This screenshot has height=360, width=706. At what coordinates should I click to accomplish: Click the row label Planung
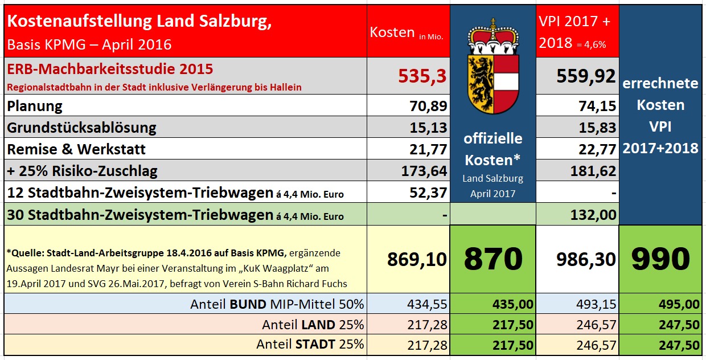pyautogui.click(x=35, y=105)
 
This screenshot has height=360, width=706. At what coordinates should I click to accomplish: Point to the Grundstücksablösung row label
pyautogui.click(x=81, y=127)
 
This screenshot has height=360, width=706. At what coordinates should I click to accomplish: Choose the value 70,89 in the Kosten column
pyautogui.click(x=428, y=105)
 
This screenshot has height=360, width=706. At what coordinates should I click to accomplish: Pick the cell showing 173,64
pyautogui.click(x=424, y=170)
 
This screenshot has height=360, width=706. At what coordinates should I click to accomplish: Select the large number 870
pyautogui.click(x=493, y=259)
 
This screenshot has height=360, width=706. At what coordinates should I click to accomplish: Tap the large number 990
pyautogui.click(x=660, y=259)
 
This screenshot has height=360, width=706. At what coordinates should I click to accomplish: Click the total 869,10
pyautogui.click(x=417, y=260)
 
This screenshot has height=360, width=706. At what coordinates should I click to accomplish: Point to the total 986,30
pyautogui.click(x=586, y=260)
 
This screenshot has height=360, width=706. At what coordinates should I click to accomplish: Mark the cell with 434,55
pyautogui.click(x=428, y=304)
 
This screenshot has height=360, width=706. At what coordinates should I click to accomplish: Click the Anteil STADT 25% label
pyautogui.click(x=310, y=345)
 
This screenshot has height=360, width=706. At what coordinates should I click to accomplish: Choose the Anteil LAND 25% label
pyautogui.click(x=313, y=325)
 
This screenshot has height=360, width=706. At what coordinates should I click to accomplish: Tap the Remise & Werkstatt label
pyautogui.click(x=76, y=149)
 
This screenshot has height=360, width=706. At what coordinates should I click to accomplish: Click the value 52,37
pyautogui.click(x=428, y=193)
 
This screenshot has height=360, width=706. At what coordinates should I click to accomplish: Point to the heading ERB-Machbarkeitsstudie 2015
pyautogui.click(x=110, y=69)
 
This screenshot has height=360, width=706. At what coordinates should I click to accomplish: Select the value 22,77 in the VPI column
pyautogui.click(x=597, y=149)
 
